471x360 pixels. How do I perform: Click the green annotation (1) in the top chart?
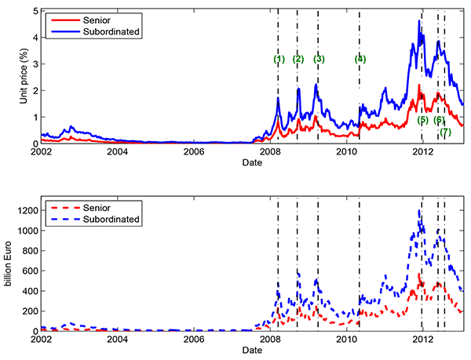pos(279,59)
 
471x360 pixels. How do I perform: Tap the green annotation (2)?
pos(298,59)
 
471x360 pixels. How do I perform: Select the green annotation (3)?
pos(319,59)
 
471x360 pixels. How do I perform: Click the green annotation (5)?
pos(423,120)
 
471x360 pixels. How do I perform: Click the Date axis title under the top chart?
pos(252,163)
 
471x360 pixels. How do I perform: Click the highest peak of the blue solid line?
pos(419,20)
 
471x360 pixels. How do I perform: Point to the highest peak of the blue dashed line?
pos(420,210)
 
